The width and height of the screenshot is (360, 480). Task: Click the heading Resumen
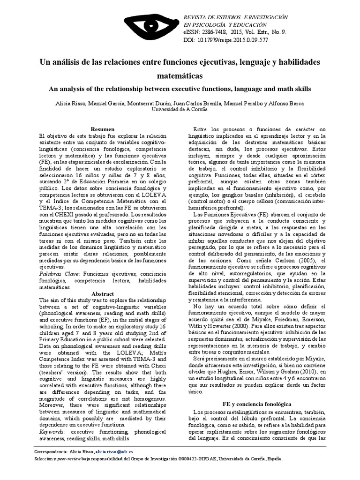point(102,129)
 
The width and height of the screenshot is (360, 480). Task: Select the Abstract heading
point(103,294)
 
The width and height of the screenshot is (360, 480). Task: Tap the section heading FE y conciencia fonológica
point(257,404)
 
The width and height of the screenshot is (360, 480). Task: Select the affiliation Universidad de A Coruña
point(180,109)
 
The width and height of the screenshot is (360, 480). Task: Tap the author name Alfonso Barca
point(297,102)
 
